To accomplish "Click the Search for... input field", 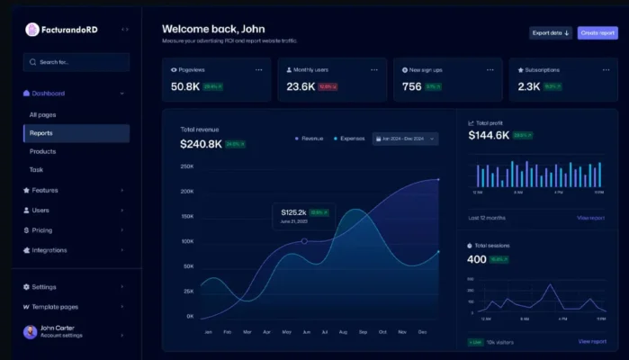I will click(x=76, y=62).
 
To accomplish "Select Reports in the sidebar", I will click(x=76, y=133).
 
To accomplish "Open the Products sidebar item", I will click(x=43, y=151).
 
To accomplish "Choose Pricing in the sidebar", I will click(x=42, y=229).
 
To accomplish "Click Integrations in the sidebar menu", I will click(x=49, y=250).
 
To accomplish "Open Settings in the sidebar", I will click(x=44, y=287).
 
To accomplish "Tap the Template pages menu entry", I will click(x=54, y=307).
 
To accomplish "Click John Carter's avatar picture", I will click(x=30, y=332).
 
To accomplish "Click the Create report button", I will click(x=598, y=33).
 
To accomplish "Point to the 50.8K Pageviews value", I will click(x=185, y=86).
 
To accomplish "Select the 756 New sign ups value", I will click(x=411, y=86).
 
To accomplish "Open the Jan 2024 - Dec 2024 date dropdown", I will click(x=405, y=139).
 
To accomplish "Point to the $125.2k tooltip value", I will click(x=293, y=212).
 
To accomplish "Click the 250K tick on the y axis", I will click(x=187, y=166).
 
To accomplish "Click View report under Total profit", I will click(x=591, y=218).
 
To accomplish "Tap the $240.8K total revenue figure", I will click(x=201, y=144).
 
